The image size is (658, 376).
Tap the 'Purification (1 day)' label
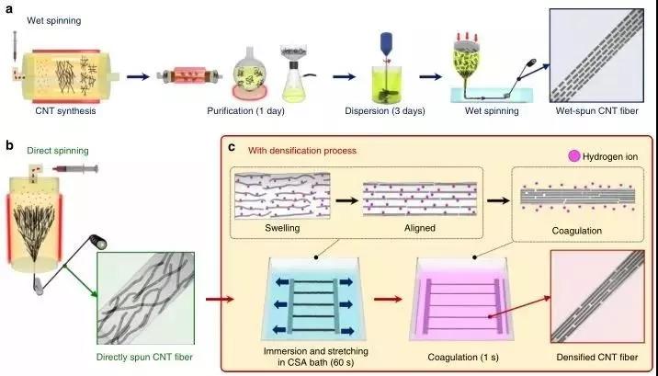246,111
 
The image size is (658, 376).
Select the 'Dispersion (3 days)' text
385,111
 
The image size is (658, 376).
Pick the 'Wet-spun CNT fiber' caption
596,111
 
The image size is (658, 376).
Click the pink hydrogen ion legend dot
573,157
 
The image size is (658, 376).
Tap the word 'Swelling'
282,228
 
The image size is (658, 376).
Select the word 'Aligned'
420,228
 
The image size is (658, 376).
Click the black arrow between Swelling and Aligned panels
346,200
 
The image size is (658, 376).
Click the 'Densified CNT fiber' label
597,357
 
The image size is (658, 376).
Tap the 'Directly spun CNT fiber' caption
144,357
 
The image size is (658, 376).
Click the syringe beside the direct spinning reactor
75,169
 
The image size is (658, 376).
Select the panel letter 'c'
232,149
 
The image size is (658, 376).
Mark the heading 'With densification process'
302,150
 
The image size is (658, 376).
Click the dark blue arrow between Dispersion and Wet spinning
431,77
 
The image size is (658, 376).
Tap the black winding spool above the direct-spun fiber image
98,241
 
